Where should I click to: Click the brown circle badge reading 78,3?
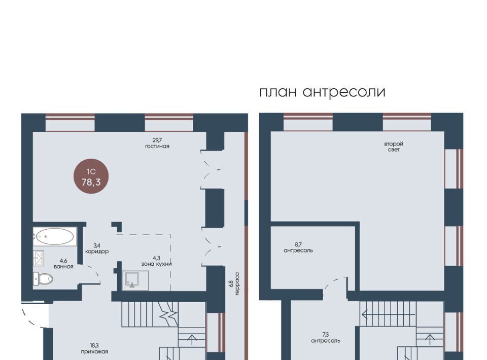91,176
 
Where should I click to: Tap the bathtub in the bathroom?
55,236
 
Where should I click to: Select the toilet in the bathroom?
44,278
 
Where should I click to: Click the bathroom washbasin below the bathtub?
39,257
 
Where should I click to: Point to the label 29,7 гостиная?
157,143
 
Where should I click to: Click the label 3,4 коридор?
97,248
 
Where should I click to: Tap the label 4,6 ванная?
63,264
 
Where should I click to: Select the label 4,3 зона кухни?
156,261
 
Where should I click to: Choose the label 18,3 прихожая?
94,348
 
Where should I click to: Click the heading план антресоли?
322,92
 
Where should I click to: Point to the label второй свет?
394,147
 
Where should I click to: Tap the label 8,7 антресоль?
298,247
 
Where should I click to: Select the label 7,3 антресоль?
326,338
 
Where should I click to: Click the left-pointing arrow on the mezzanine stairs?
388,314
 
